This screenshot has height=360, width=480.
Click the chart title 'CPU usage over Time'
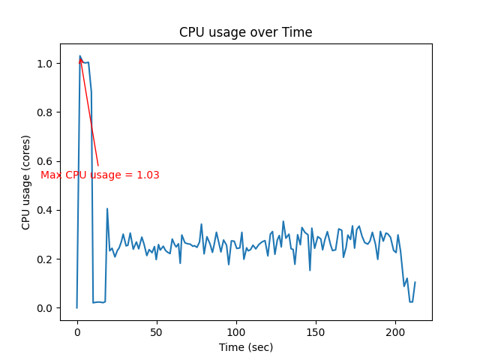click(x=245, y=32)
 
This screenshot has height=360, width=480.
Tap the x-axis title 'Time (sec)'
click(x=246, y=347)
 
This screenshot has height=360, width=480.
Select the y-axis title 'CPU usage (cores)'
click(x=26, y=182)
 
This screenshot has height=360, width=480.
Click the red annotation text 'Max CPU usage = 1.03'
click(x=100, y=175)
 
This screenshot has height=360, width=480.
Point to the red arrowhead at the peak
click(x=80, y=59)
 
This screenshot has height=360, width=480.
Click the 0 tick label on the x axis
click(x=76, y=331)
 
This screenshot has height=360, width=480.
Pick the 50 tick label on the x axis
click(x=156, y=331)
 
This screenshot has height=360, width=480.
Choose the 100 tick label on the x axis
click(x=236, y=331)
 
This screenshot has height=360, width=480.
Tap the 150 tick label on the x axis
click(x=316, y=331)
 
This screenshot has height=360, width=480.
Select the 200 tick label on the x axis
click(x=395, y=331)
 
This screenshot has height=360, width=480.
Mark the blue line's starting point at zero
click(x=76, y=307)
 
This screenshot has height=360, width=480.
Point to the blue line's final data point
click(x=415, y=283)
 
